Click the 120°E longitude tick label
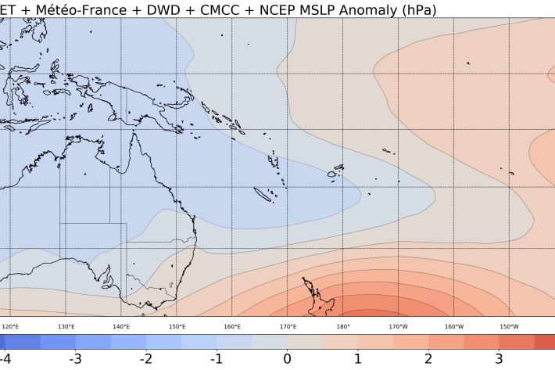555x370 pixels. [x=11, y=326]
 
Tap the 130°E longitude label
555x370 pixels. [x=66, y=326]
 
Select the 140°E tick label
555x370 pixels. [x=121, y=326]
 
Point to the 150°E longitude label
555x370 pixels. [x=177, y=326]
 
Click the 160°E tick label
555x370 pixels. [x=232, y=326]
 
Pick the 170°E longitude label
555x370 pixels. [x=288, y=326]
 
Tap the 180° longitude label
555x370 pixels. [x=343, y=326]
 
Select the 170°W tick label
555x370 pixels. [x=399, y=326]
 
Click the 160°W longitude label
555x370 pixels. [x=454, y=326]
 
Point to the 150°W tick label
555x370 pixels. [x=509, y=326]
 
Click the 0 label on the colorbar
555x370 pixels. [x=287, y=358]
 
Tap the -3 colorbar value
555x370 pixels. [x=73, y=358]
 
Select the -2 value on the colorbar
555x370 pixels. [x=145, y=358]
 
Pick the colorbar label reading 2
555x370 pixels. [x=428, y=358]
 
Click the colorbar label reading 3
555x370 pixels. [x=499, y=358]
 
